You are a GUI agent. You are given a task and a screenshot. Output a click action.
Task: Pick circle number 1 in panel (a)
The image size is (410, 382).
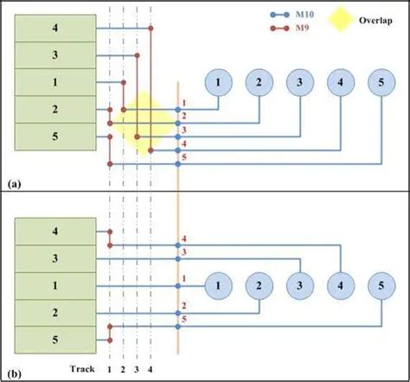click(219, 82)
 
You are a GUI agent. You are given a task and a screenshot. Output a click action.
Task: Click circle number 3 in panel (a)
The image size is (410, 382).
click(300, 82)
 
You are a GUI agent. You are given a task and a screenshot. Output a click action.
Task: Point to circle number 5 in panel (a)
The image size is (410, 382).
click(381, 82)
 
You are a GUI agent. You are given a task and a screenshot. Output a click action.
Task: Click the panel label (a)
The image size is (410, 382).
click(15, 185)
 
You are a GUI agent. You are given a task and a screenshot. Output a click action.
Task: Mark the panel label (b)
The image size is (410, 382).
click(15, 373)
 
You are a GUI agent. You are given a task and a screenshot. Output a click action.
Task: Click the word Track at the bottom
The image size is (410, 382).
click(84, 370)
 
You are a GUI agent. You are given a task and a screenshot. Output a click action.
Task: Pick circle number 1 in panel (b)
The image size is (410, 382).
click(219, 284)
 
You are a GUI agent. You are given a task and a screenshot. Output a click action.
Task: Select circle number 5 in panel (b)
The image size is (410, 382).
click(381, 284)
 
